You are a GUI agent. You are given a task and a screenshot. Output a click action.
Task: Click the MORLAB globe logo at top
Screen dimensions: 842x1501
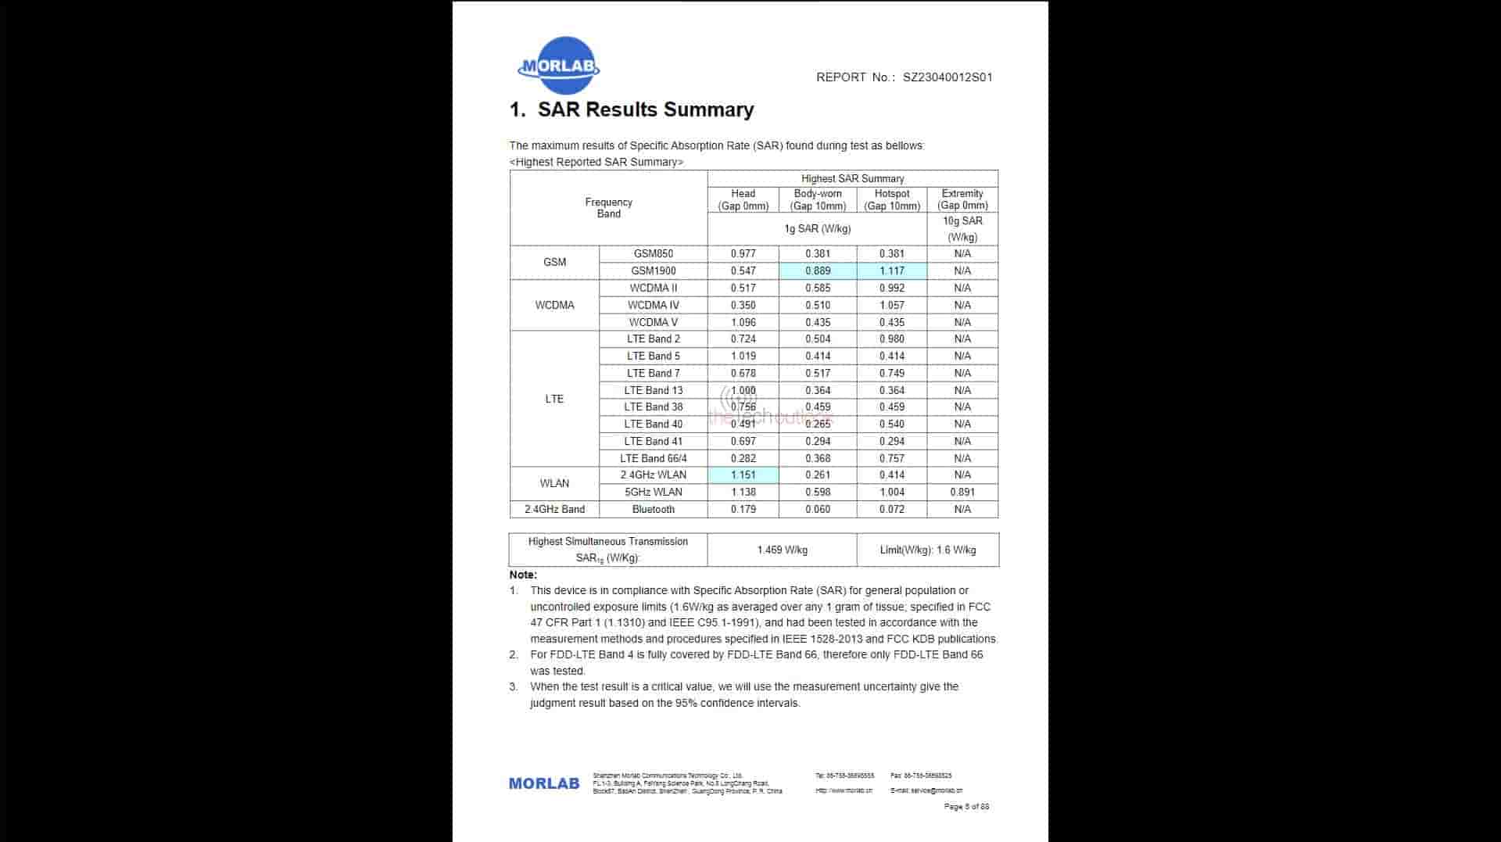(x=558, y=66)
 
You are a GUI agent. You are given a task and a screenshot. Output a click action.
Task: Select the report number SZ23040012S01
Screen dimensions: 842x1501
(x=948, y=77)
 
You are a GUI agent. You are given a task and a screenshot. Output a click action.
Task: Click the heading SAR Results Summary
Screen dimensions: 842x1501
(x=632, y=109)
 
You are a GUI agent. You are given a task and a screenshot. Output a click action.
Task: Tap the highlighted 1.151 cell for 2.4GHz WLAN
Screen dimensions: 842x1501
(x=743, y=475)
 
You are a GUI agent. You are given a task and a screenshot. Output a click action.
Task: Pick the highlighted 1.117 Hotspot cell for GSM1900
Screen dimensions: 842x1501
(x=891, y=271)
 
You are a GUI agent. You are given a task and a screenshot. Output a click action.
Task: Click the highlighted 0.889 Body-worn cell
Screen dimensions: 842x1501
(x=818, y=271)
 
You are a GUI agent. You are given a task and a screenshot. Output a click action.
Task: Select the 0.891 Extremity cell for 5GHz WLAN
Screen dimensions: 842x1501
(x=962, y=492)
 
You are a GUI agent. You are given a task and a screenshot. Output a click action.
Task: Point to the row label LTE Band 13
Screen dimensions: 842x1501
(x=653, y=390)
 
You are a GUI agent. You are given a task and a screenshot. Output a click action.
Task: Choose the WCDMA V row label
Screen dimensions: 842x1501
(x=653, y=322)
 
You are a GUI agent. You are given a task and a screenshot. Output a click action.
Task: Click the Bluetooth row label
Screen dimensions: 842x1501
(x=653, y=509)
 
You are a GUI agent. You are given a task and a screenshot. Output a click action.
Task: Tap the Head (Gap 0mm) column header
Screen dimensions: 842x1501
(x=743, y=199)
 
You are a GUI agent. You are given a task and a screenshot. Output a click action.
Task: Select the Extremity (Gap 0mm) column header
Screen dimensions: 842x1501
(x=962, y=199)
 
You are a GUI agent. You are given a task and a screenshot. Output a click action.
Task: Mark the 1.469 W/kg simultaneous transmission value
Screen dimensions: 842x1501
(x=782, y=550)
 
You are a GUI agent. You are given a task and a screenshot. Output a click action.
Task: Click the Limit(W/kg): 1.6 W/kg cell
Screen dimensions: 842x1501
(x=928, y=550)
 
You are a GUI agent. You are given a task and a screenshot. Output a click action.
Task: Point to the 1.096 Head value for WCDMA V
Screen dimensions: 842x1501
(x=743, y=322)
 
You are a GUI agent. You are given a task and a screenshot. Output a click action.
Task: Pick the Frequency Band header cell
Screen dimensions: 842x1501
(x=608, y=208)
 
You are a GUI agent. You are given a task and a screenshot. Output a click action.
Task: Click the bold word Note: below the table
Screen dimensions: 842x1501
(x=523, y=575)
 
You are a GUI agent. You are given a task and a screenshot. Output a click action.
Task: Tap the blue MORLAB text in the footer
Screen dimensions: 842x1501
(x=544, y=783)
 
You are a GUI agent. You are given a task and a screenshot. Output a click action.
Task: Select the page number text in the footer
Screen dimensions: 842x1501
(x=966, y=806)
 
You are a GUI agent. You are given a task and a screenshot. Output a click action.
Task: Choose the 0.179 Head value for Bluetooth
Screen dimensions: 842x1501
(x=743, y=509)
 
